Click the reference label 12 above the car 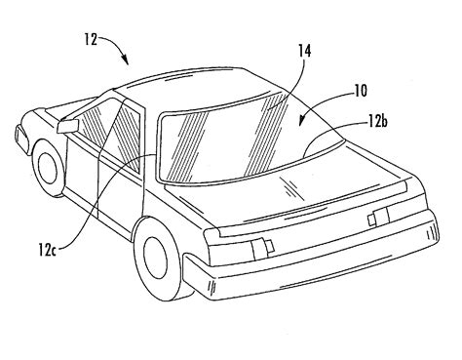91,40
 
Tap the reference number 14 304,52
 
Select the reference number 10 360,91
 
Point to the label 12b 378,123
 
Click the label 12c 48,250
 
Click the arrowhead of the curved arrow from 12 126,60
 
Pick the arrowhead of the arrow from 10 301,121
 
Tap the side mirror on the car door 68,126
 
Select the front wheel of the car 50,167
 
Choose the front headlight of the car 20,136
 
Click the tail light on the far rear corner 378,217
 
